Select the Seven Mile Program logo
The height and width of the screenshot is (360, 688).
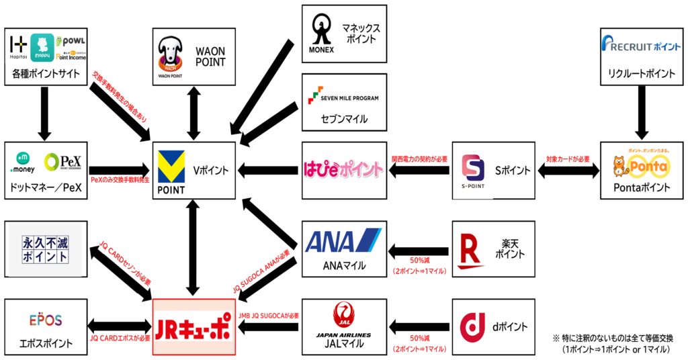[x=343, y=98]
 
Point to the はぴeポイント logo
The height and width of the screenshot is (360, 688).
[x=343, y=169]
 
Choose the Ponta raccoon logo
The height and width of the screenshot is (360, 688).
[x=638, y=165]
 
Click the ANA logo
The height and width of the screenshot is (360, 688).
[x=343, y=240]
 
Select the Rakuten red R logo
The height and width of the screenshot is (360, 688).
[x=473, y=249]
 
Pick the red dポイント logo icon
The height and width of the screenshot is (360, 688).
[x=473, y=327]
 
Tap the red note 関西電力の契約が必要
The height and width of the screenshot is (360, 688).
[x=419, y=159]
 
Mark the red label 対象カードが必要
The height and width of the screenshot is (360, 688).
[x=568, y=159]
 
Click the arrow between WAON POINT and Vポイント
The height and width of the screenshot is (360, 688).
[x=193, y=114]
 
